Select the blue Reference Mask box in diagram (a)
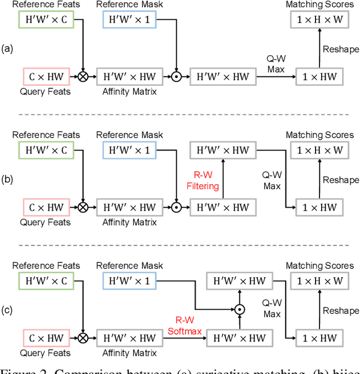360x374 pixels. (x=129, y=20)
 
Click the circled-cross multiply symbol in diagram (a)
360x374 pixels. (x=83, y=77)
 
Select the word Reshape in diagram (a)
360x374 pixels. (x=340, y=50)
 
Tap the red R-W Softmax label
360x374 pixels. (x=184, y=326)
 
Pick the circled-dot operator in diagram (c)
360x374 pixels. (x=239, y=309)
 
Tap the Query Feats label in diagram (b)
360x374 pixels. (x=46, y=222)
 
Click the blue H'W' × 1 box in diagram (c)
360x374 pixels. (x=129, y=280)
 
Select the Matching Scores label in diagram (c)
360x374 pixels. (x=319, y=265)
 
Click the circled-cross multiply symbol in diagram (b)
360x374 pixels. (x=83, y=207)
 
